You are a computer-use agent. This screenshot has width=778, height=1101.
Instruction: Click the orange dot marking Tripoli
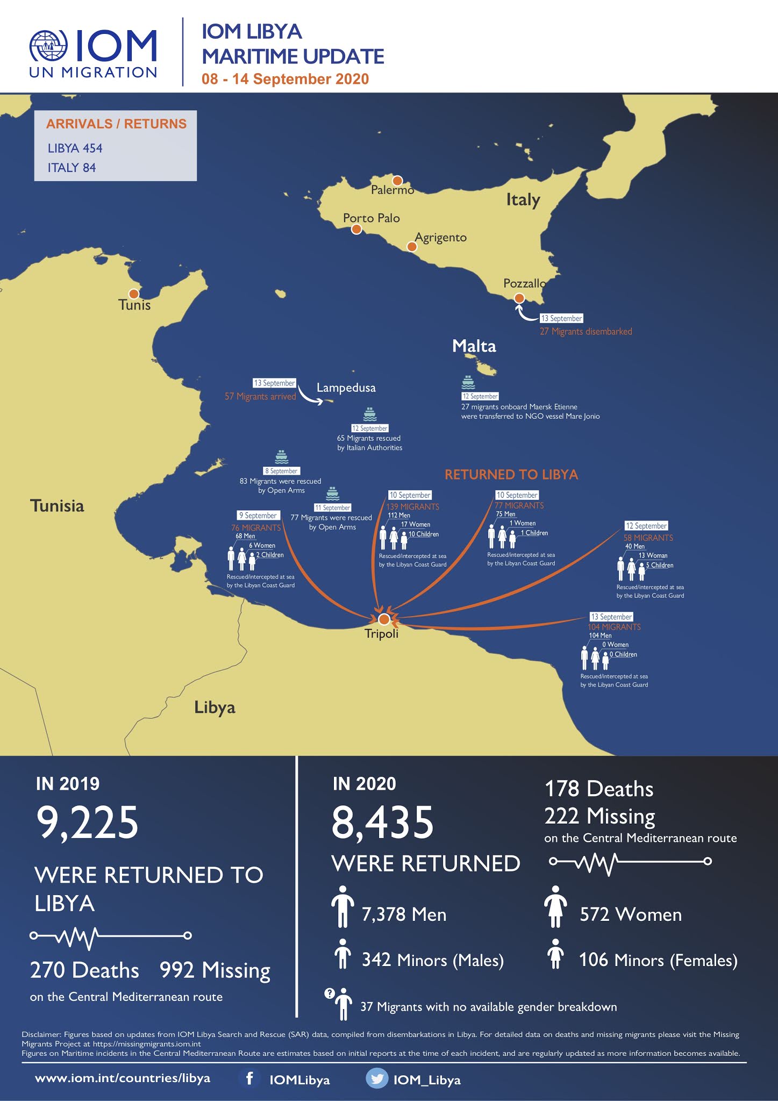point(383,619)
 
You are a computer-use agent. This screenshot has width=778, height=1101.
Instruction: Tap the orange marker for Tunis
point(134,294)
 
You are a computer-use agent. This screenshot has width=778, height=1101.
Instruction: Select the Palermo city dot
point(397,181)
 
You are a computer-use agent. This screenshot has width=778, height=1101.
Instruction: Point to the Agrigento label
point(441,237)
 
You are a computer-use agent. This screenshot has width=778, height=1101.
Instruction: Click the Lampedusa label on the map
point(346,388)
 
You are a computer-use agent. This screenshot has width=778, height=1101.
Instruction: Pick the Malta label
point(474,346)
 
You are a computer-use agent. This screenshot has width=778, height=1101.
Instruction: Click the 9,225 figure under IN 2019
point(87,822)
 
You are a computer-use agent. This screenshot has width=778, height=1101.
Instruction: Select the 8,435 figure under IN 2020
point(382,822)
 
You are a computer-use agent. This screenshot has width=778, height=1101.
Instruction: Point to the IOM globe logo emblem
point(49,45)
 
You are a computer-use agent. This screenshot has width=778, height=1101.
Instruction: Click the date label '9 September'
point(258,516)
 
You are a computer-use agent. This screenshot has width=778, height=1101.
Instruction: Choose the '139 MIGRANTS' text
point(412,506)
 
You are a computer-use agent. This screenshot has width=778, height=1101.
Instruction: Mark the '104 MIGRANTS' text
point(614,627)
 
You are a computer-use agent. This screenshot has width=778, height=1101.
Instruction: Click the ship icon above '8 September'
point(282,457)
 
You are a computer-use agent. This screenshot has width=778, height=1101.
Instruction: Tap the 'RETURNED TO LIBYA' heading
point(511,475)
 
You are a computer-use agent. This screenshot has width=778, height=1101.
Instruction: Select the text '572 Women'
point(630,914)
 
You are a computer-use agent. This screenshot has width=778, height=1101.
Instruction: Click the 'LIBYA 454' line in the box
point(75,148)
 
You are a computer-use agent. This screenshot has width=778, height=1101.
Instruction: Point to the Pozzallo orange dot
point(519,298)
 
